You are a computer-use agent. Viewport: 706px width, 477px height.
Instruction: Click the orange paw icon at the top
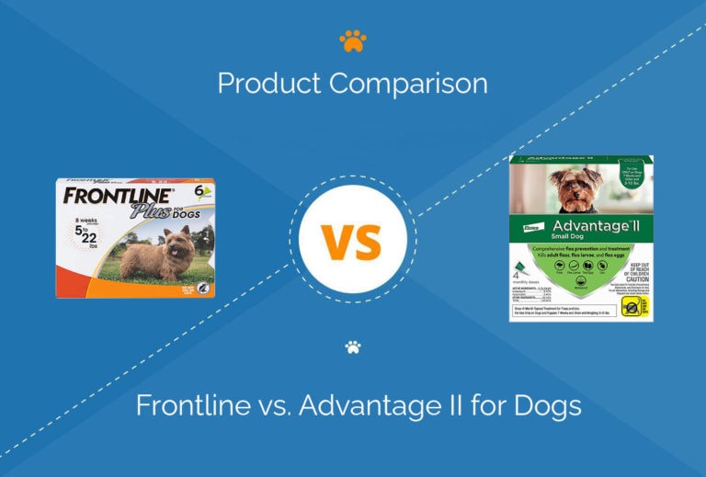coord(352,40)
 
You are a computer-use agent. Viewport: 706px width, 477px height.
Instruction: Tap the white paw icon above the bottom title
coord(352,347)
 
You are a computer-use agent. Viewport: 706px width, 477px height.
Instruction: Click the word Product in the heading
coord(269,84)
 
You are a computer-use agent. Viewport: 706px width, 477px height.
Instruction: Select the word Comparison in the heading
coord(408,84)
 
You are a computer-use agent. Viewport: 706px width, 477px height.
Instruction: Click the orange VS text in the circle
coord(352,241)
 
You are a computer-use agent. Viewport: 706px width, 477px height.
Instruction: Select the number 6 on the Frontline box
coord(197,190)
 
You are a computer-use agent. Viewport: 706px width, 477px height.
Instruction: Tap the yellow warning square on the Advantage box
coord(633,304)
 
